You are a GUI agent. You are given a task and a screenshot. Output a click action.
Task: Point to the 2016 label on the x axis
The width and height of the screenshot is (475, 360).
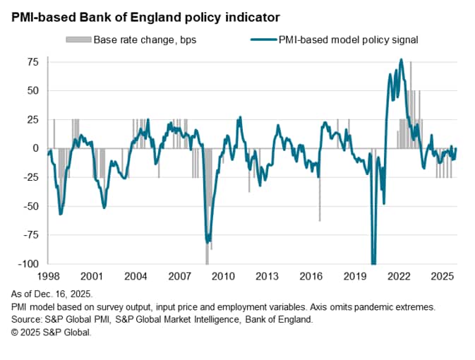coord(311,275)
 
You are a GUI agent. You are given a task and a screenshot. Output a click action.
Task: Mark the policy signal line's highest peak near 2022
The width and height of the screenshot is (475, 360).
coord(401,60)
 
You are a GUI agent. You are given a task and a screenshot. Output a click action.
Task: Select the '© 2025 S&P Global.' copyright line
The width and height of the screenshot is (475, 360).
coord(51,331)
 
